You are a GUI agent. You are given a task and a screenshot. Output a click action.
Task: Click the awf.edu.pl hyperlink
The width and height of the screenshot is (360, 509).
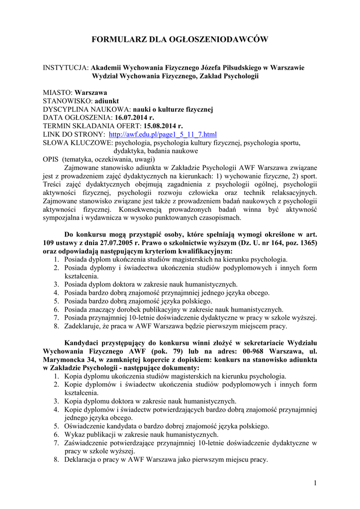[163, 135]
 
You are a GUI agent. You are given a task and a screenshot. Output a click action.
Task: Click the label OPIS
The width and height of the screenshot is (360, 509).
[51, 160]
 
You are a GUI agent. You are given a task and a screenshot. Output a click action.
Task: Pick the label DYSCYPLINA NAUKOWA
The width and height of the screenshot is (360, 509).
[87, 109]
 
